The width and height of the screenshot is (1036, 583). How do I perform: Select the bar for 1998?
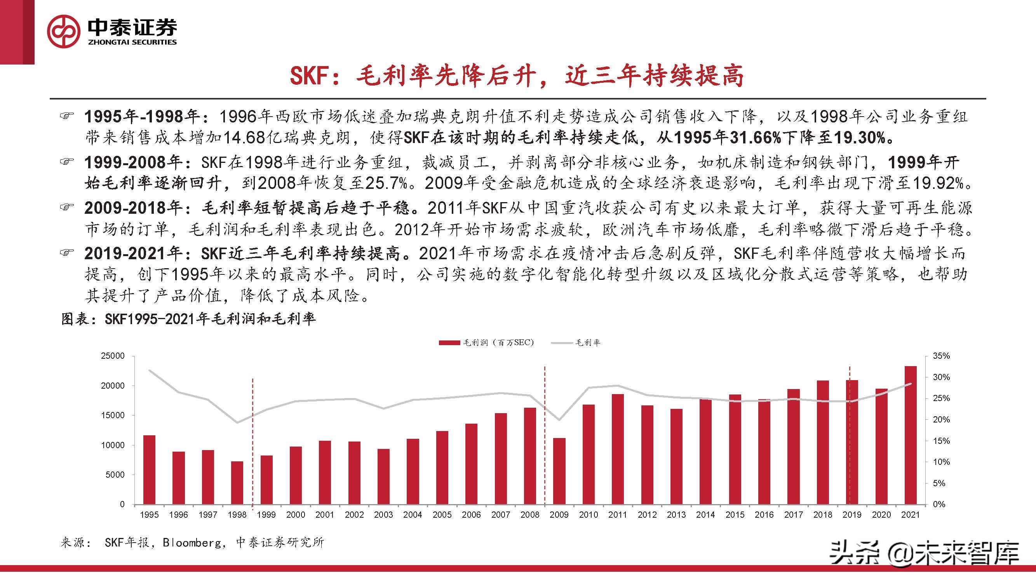[237, 482]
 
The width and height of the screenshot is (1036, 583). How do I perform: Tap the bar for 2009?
[559, 471]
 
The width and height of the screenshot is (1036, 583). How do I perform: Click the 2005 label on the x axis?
[442, 515]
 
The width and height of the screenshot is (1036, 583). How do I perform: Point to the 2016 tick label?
[764, 515]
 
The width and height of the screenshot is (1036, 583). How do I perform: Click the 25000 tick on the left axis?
[113, 356]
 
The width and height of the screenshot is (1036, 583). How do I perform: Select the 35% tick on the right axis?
[941, 356]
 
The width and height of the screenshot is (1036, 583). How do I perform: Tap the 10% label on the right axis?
[941, 462]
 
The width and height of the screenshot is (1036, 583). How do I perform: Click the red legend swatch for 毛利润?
[449, 343]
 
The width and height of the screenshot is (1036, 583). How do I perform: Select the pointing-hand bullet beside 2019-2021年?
[67, 253]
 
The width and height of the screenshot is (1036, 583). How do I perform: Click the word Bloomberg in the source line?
[192, 543]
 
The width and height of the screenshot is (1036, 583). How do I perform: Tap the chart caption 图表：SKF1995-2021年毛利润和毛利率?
[188, 319]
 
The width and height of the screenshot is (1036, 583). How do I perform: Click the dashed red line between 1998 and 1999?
[252, 443]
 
